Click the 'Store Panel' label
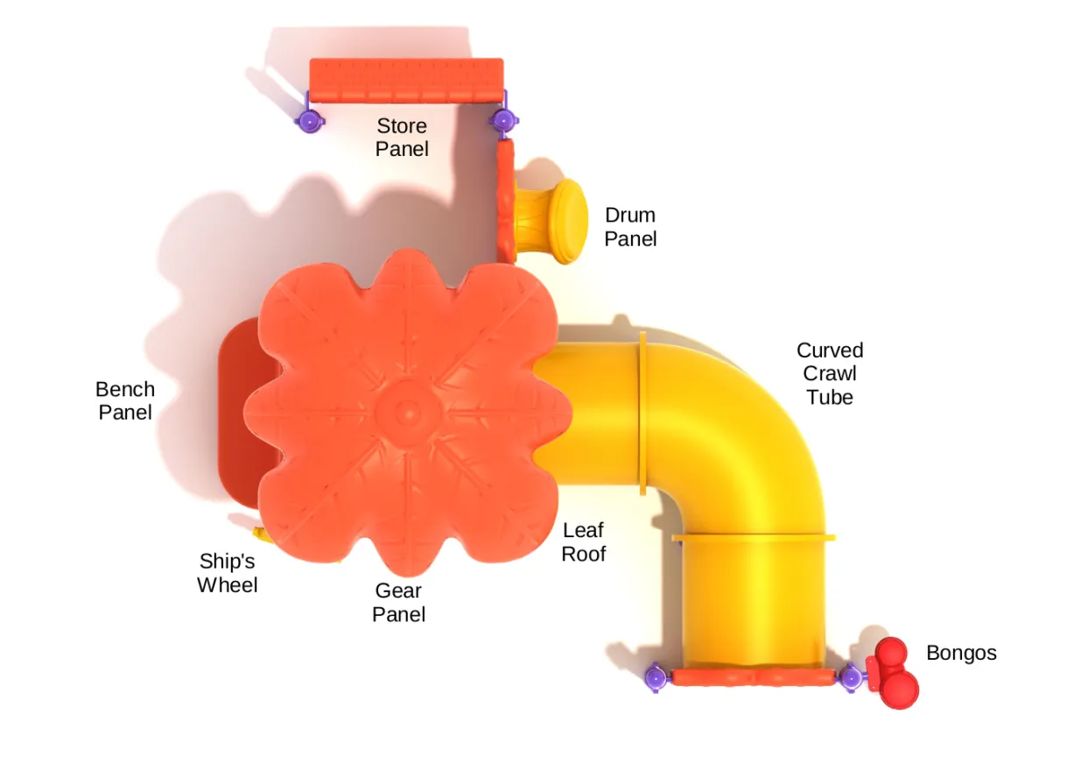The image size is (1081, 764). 402,138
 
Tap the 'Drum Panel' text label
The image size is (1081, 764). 630,226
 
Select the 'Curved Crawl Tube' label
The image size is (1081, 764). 830,373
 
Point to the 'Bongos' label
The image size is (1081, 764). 961,653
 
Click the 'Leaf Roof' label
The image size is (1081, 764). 583,541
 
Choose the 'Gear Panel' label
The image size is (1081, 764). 399,602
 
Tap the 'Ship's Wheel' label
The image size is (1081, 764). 228,572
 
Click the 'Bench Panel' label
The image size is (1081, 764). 125,400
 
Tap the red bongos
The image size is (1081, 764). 894,673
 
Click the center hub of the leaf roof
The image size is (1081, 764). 407,409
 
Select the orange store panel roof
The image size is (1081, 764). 406,80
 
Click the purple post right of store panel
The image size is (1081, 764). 502,119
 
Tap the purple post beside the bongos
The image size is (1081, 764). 849,676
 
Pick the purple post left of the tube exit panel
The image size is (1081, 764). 655,676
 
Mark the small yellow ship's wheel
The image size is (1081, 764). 260,534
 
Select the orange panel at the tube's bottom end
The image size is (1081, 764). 751,677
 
